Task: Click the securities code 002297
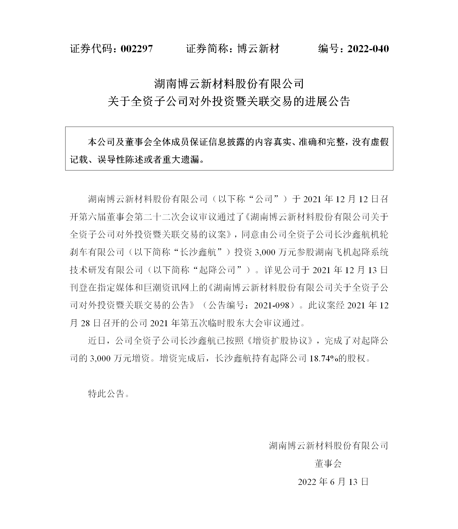point(137,49)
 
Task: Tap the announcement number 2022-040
point(368,49)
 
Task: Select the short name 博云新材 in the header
point(258,49)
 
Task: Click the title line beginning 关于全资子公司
point(229,101)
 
